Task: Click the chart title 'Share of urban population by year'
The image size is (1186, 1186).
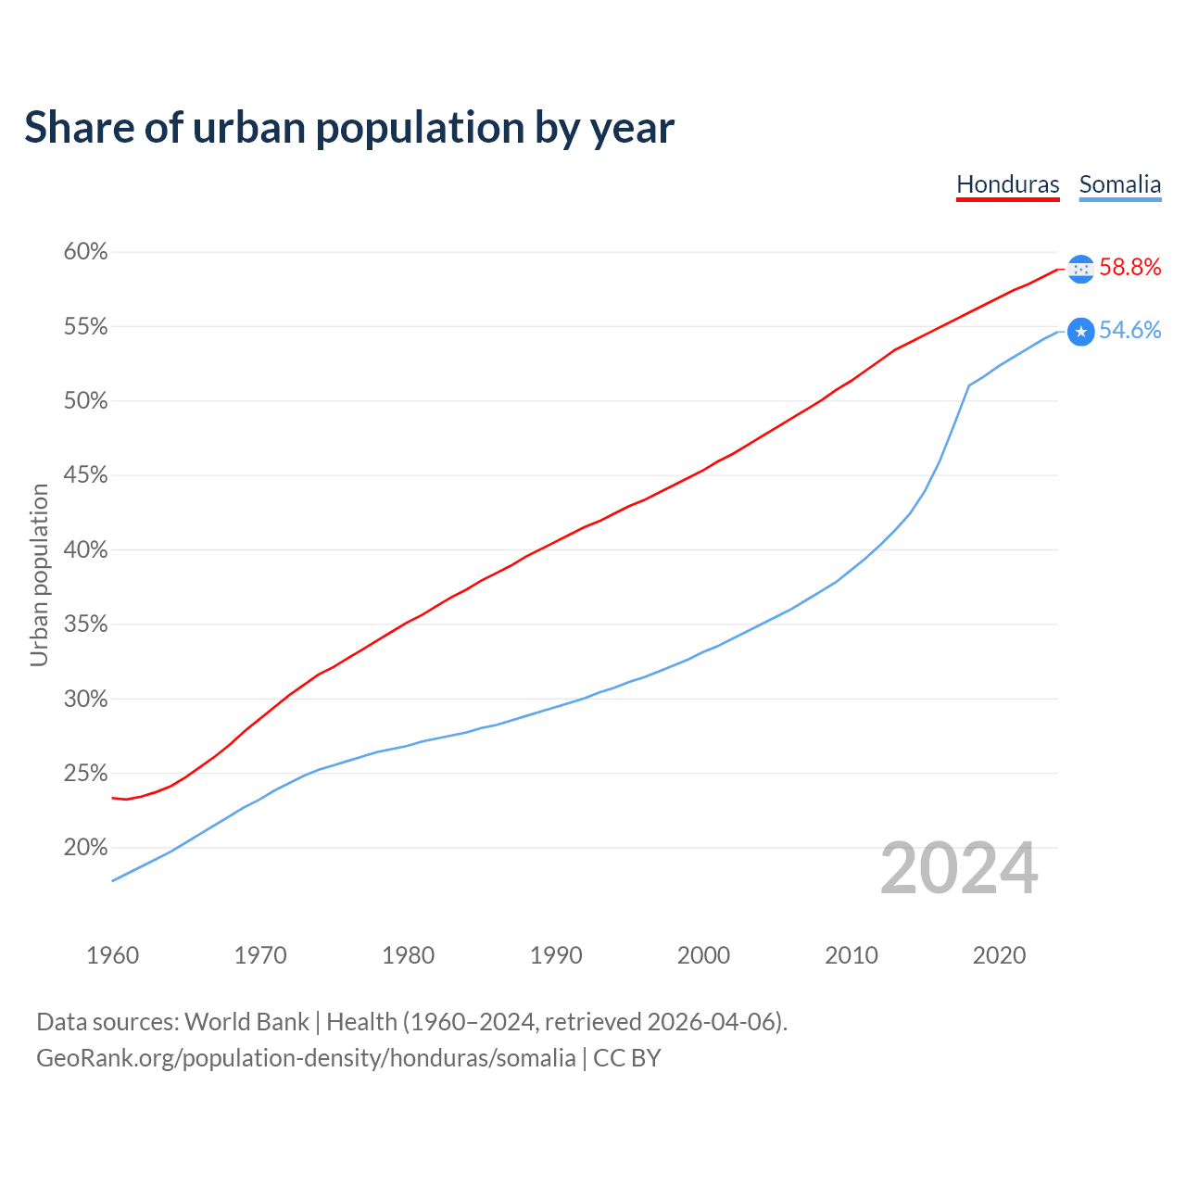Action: (x=349, y=128)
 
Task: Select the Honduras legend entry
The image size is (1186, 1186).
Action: (x=1007, y=184)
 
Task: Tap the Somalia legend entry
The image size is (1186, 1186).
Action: (x=1119, y=184)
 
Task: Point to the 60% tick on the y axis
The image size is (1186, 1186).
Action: (x=85, y=252)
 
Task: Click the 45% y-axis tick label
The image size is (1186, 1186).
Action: (x=85, y=475)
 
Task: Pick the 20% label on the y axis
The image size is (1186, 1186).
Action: (x=85, y=848)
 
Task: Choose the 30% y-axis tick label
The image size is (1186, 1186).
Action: (x=85, y=699)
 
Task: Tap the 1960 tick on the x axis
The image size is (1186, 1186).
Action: (x=113, y=955)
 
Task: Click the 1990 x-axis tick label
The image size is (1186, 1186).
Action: (x=556, y=955)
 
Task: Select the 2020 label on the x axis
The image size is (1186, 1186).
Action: (x=999, y=955)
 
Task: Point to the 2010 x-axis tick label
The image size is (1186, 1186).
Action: (x=852, y=955)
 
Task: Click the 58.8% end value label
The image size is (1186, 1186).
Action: (x=1129, y=268)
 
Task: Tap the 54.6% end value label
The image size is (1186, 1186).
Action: (x=1129, y=331)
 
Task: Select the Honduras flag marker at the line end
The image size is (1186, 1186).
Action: (x=1080, y=269)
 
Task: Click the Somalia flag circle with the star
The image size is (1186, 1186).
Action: (x=1080, y=332)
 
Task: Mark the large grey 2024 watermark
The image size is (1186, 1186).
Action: (x=959, y=869)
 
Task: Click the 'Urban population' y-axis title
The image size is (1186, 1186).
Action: (x=39, y=574)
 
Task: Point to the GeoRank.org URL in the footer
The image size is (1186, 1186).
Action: (x=306, y=1058)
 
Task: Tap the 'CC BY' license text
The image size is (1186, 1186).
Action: (x=627, y=1058)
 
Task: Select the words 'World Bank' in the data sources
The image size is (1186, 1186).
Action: (x=246, y=1022)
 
